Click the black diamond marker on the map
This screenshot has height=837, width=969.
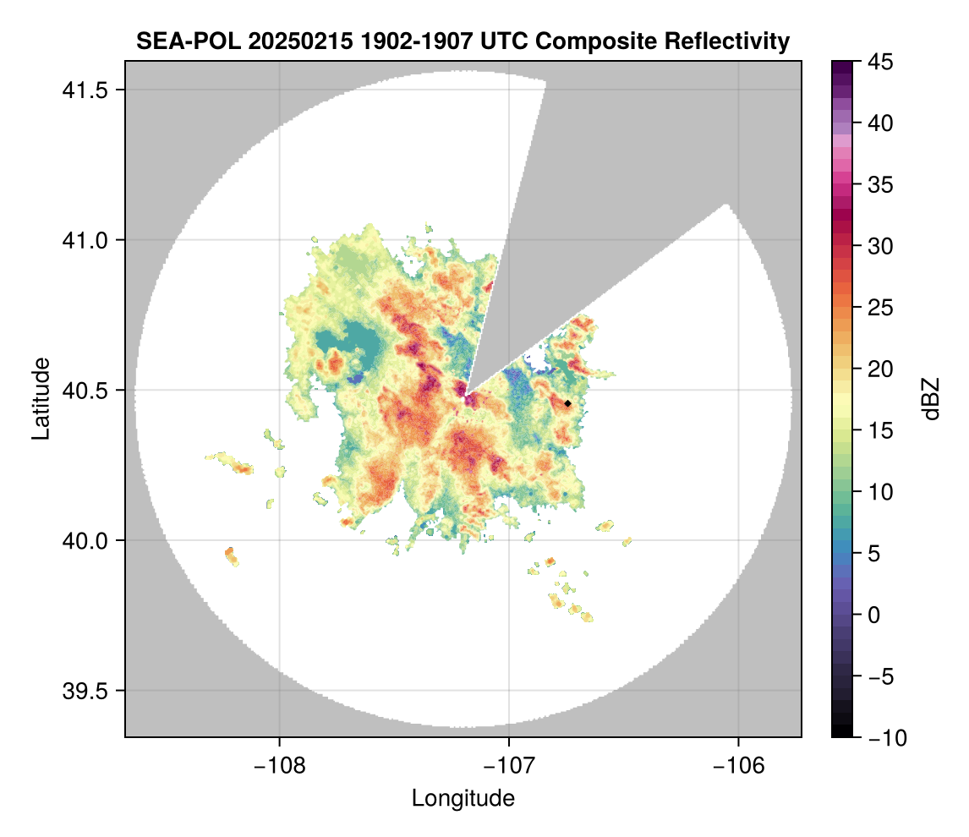568,403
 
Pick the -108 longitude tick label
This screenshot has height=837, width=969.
279,766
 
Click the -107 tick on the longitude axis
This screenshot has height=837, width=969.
509,766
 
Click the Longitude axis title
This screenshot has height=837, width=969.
463,798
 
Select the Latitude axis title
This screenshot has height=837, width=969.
41,398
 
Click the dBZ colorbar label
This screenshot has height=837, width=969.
931,398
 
